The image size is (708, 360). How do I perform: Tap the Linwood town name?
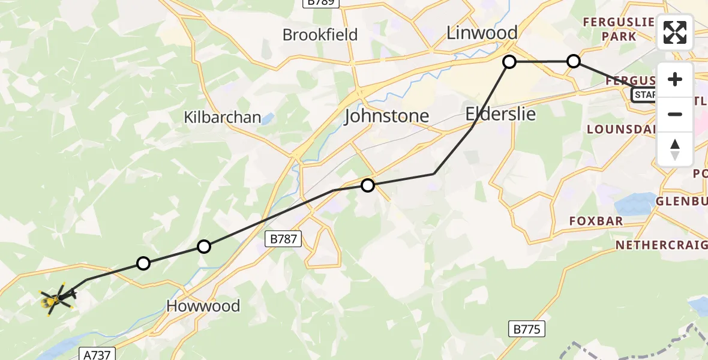tap(482, 33)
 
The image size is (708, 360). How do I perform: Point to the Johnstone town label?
tap(386, 116)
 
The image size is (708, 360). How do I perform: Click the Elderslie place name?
tap(500, 114)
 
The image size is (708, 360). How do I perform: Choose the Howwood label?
tap(203, 306)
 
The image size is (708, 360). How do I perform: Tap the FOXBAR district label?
tap(596, 221)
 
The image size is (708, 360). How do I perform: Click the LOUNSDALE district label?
tap(620, 129)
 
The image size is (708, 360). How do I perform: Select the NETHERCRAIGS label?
tap(660, 245)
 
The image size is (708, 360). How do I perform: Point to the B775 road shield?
tap(526, 329)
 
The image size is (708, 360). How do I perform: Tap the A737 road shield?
tap(95, 355)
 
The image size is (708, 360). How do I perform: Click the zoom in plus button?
tap(675, 80)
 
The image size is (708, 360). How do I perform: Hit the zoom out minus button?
tap(675, 114)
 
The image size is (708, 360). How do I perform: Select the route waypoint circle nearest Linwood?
tap(509, 62)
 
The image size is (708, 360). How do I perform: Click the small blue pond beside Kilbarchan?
tap(268, 118)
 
